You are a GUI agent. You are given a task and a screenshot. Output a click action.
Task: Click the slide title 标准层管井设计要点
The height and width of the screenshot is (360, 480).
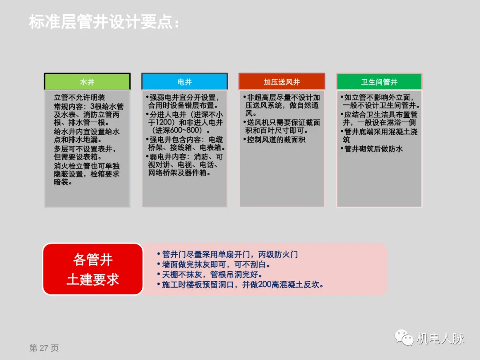104,22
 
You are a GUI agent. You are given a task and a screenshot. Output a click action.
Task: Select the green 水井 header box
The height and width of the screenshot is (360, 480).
87,82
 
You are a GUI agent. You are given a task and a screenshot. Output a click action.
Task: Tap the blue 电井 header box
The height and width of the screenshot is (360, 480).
184,82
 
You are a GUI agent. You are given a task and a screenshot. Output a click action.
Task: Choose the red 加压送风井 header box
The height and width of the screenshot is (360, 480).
282,82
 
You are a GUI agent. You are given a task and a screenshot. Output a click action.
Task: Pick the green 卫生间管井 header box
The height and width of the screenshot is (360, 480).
379,82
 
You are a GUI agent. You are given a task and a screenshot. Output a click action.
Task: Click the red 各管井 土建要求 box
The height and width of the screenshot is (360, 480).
93,269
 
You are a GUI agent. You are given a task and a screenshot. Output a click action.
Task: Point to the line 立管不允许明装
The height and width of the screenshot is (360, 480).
80,97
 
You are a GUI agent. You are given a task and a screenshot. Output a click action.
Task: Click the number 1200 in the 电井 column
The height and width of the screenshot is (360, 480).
157,122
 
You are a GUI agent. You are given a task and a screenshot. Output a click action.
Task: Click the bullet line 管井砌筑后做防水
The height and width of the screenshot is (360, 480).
373,149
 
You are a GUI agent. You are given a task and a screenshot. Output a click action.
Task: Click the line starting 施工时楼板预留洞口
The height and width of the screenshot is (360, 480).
240,285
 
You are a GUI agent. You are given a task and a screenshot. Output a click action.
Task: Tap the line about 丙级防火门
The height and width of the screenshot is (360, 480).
227,255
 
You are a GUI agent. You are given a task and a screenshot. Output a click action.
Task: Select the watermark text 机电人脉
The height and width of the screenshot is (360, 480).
440,339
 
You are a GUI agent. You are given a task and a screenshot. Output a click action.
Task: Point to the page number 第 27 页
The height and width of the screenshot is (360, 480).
44,348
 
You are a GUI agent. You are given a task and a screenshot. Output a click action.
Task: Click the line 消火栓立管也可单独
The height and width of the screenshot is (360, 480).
86,166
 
